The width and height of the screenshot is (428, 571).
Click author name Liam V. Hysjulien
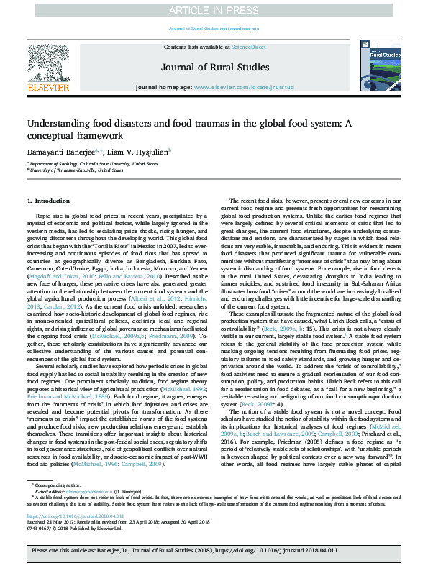click(136, 152)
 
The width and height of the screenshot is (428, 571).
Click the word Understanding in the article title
click(62, 124)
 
